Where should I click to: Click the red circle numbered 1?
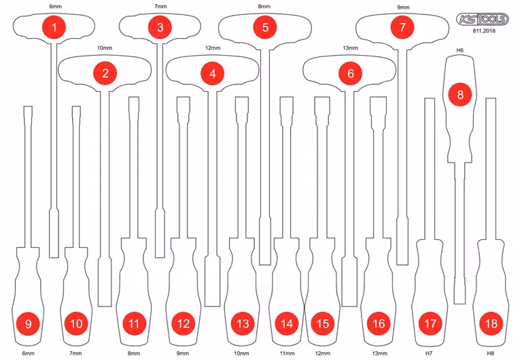(54, 27)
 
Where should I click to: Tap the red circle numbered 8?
(460, 94)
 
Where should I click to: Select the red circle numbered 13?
(243, 323)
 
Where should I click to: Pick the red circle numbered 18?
(491, 323)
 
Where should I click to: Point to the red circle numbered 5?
(265, 27)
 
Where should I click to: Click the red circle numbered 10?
(76, 323)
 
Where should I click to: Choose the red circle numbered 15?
(323, 323)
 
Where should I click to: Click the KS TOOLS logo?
(483, 19)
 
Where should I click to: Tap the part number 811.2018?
(484, 31)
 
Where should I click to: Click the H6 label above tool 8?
(459, 50)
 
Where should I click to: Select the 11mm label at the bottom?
(287, 353)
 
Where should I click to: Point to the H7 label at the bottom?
(429, 353)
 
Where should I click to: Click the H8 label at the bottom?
(490, 353)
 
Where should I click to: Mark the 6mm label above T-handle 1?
(55, 6)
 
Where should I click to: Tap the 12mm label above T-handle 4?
(212, 48)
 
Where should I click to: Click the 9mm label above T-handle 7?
(403, 7)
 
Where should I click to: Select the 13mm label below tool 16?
(379, 353)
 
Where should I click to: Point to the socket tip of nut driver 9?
(29, 112)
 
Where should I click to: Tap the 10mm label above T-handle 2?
(105, 48)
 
